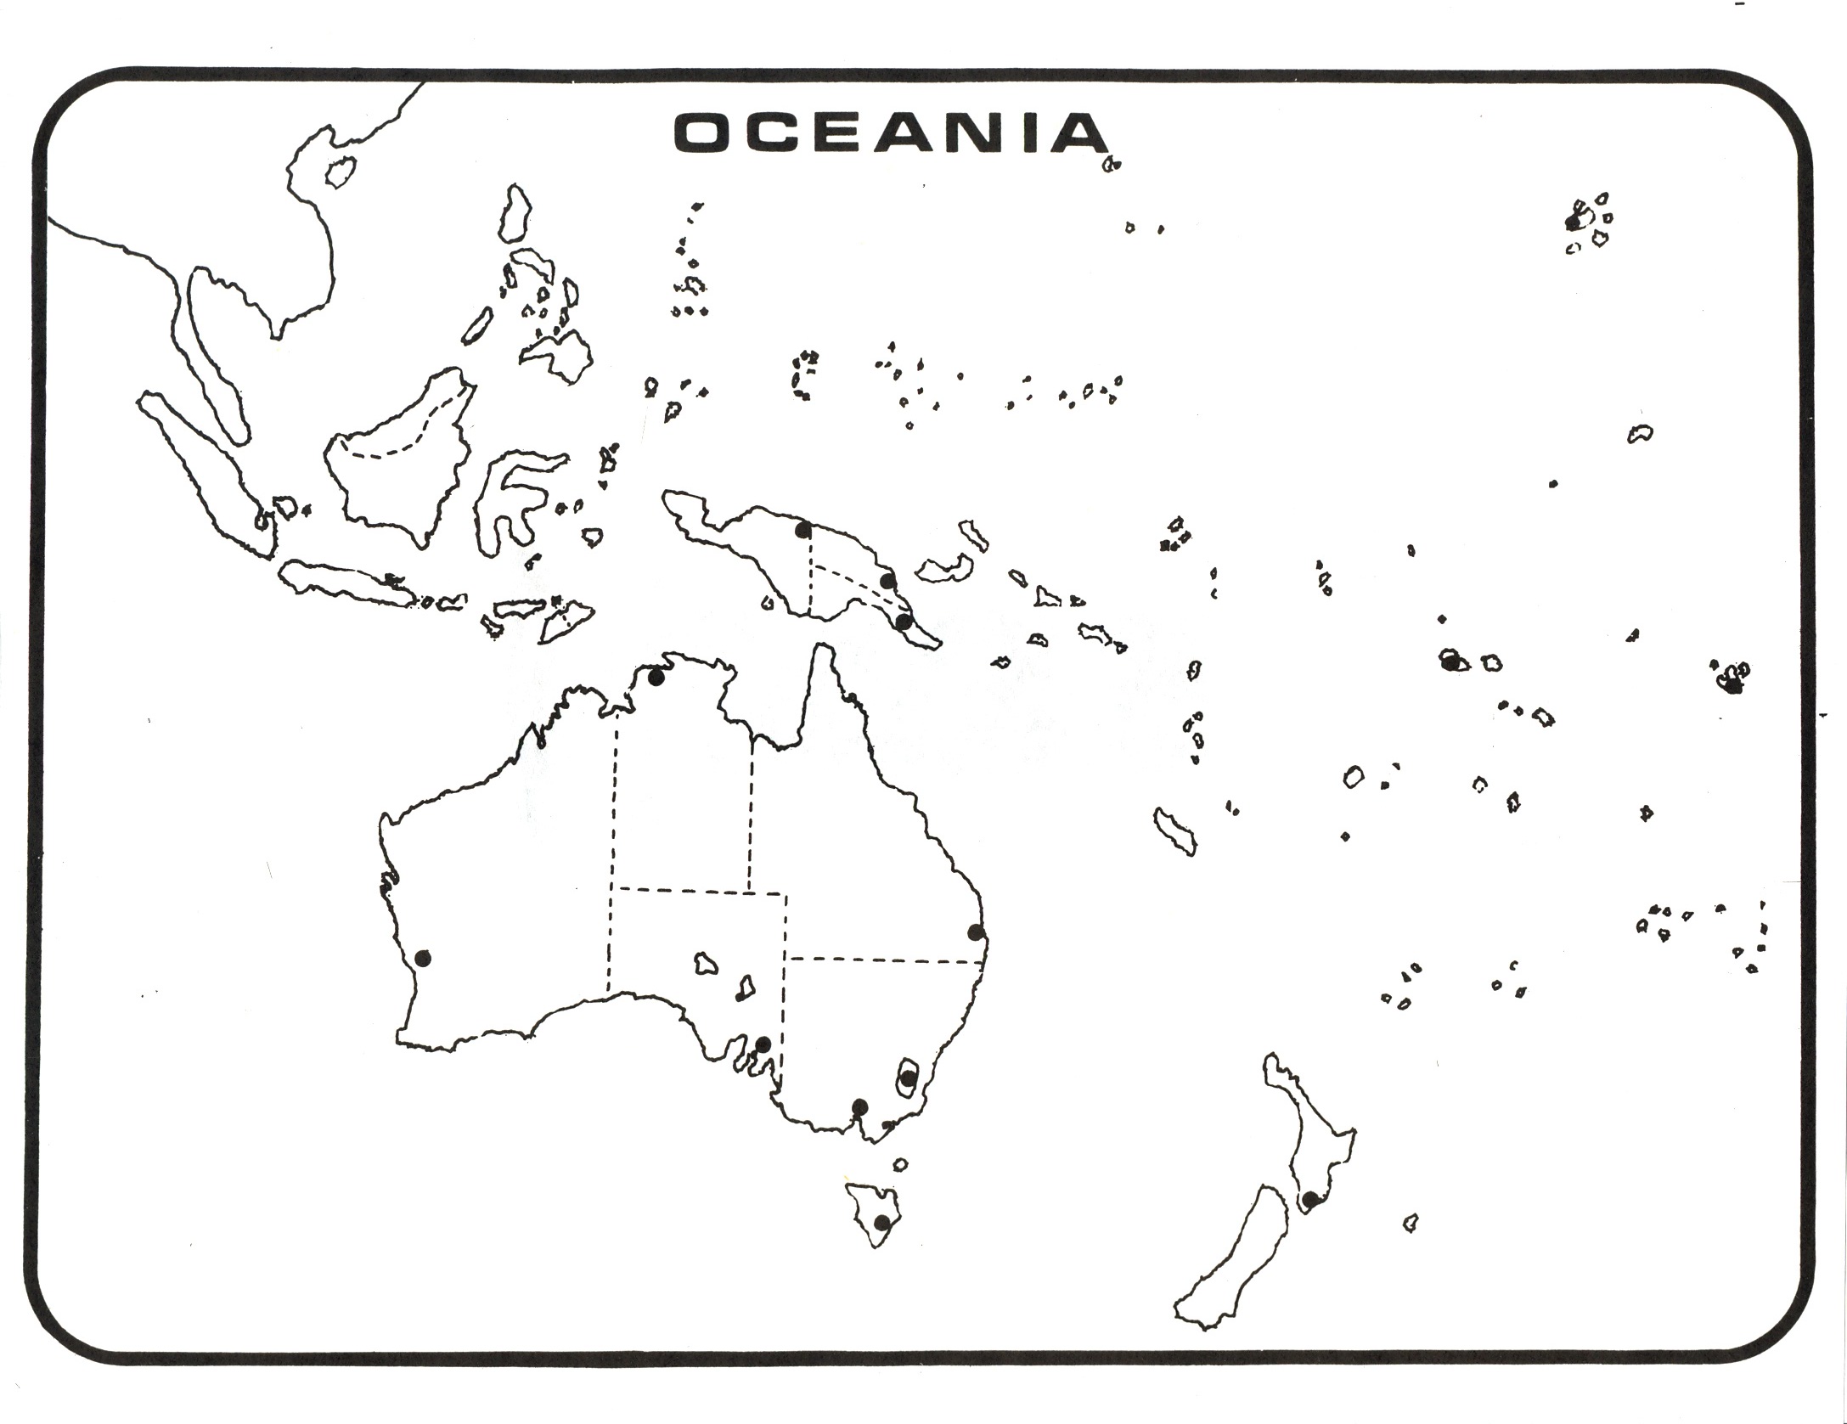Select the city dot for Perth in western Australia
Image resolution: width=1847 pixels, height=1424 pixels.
[423, 959]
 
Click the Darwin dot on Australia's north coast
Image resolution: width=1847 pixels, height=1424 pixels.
[656, 677]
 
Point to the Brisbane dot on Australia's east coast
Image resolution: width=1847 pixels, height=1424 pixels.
[977, 933]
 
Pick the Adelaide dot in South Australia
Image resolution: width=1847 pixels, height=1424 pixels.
[763, 1044]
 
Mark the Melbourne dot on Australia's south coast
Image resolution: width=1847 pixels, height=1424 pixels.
[859, 1106]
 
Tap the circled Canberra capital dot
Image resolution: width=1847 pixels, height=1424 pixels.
[909, 1078]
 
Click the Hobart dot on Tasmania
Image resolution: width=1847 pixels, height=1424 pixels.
[882, 1223]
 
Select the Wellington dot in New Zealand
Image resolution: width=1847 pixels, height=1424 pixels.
[1310, 1199]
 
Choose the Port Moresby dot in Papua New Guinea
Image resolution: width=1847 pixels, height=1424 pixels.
[904, 622]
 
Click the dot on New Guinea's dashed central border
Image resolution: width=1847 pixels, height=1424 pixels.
[802, 531]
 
